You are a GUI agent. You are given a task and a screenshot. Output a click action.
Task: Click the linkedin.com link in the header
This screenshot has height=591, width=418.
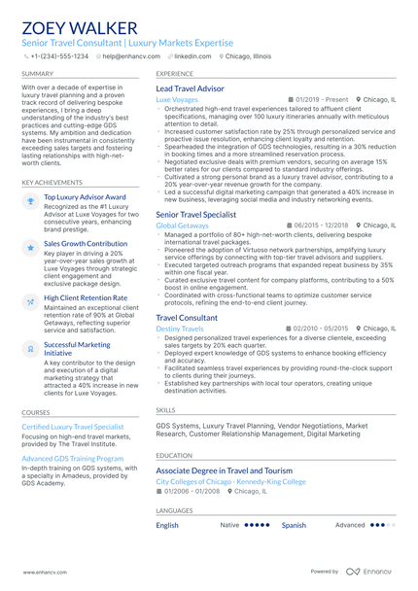pos(192,56)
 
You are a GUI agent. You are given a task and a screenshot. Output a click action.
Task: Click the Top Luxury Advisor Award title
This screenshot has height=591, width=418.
pos(86,197)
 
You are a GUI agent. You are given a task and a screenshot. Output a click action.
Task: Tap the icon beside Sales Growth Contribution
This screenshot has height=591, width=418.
pos(30,247)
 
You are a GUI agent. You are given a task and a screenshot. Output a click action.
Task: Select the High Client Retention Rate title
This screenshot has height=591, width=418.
pos(86,298)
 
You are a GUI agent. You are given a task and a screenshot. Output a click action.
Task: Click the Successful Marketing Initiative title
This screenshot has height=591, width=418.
pos(77,348)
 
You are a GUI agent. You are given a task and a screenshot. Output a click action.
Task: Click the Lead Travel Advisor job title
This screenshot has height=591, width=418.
pos(190,88)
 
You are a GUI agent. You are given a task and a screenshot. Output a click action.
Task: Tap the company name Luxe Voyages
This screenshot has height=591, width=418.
pos(177,99)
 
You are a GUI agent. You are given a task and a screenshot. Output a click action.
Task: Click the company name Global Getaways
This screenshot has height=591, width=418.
pos(182,225)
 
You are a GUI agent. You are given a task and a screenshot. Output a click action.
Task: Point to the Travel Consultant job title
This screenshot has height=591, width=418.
pos(187,318)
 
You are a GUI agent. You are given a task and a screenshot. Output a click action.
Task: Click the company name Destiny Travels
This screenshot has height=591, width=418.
pos(180,329)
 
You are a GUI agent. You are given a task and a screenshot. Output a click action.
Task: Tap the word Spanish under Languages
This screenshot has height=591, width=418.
pos(294,525)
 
